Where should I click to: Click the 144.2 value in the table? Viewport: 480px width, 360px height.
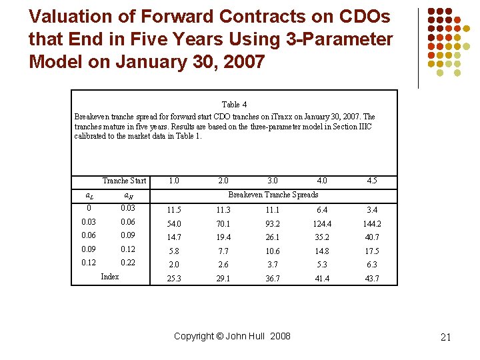(371, 224)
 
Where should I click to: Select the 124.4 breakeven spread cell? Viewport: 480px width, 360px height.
(322, 224)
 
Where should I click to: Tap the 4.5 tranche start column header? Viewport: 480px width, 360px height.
(371, 181)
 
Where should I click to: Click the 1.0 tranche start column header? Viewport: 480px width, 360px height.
(174, 181)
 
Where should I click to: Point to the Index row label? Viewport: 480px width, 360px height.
(109, 277)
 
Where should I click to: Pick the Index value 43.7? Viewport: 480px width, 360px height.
(371, 279)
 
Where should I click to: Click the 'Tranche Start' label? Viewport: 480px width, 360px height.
(124, 181)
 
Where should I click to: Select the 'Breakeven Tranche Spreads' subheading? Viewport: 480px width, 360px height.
(273, 195)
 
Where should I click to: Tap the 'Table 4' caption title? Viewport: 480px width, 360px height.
(234, 105)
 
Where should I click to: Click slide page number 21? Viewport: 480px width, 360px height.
(446, 337)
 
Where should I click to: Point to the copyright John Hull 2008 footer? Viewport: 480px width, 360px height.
(232, 336)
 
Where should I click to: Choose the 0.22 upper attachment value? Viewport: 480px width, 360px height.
(128, 263)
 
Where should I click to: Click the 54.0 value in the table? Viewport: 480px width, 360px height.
(174, 224)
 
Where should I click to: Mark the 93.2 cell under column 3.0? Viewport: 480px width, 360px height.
(273, 224)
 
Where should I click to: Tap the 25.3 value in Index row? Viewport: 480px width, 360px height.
(174, 279)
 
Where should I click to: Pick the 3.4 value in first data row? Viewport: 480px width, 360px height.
(371, 211)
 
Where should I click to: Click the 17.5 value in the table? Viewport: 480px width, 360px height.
(371, 251)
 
